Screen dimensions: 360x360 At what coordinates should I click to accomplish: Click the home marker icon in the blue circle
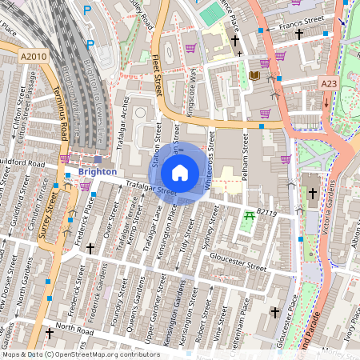(180, 173)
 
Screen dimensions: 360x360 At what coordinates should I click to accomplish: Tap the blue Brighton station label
(98, 172)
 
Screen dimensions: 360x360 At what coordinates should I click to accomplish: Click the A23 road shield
(329, 82)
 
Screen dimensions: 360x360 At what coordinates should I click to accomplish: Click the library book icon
(254, 75)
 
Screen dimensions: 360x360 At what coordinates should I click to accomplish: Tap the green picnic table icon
(250, 215)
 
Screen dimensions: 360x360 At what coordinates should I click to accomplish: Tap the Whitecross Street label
(210, 160)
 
